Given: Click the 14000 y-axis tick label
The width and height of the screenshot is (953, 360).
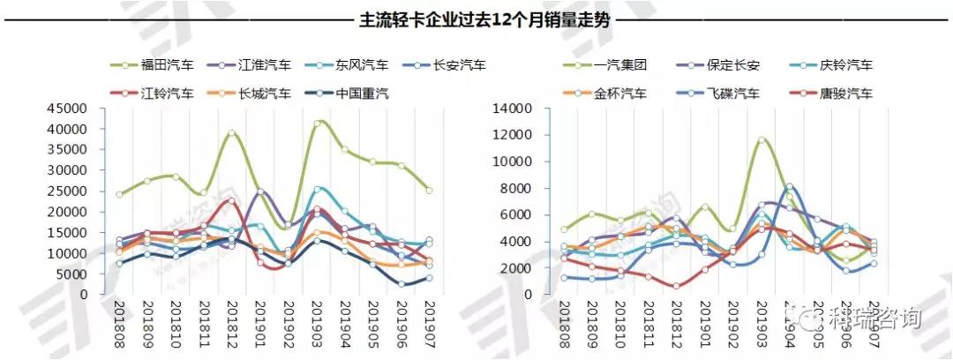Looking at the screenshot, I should pyautogui.click(x=526, y=109).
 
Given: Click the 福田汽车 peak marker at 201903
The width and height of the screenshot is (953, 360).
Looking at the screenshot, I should pyautogui.click(x=318, y=123).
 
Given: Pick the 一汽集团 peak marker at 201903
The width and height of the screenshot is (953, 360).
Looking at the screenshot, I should pyautogui.click(x=762, y=140).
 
